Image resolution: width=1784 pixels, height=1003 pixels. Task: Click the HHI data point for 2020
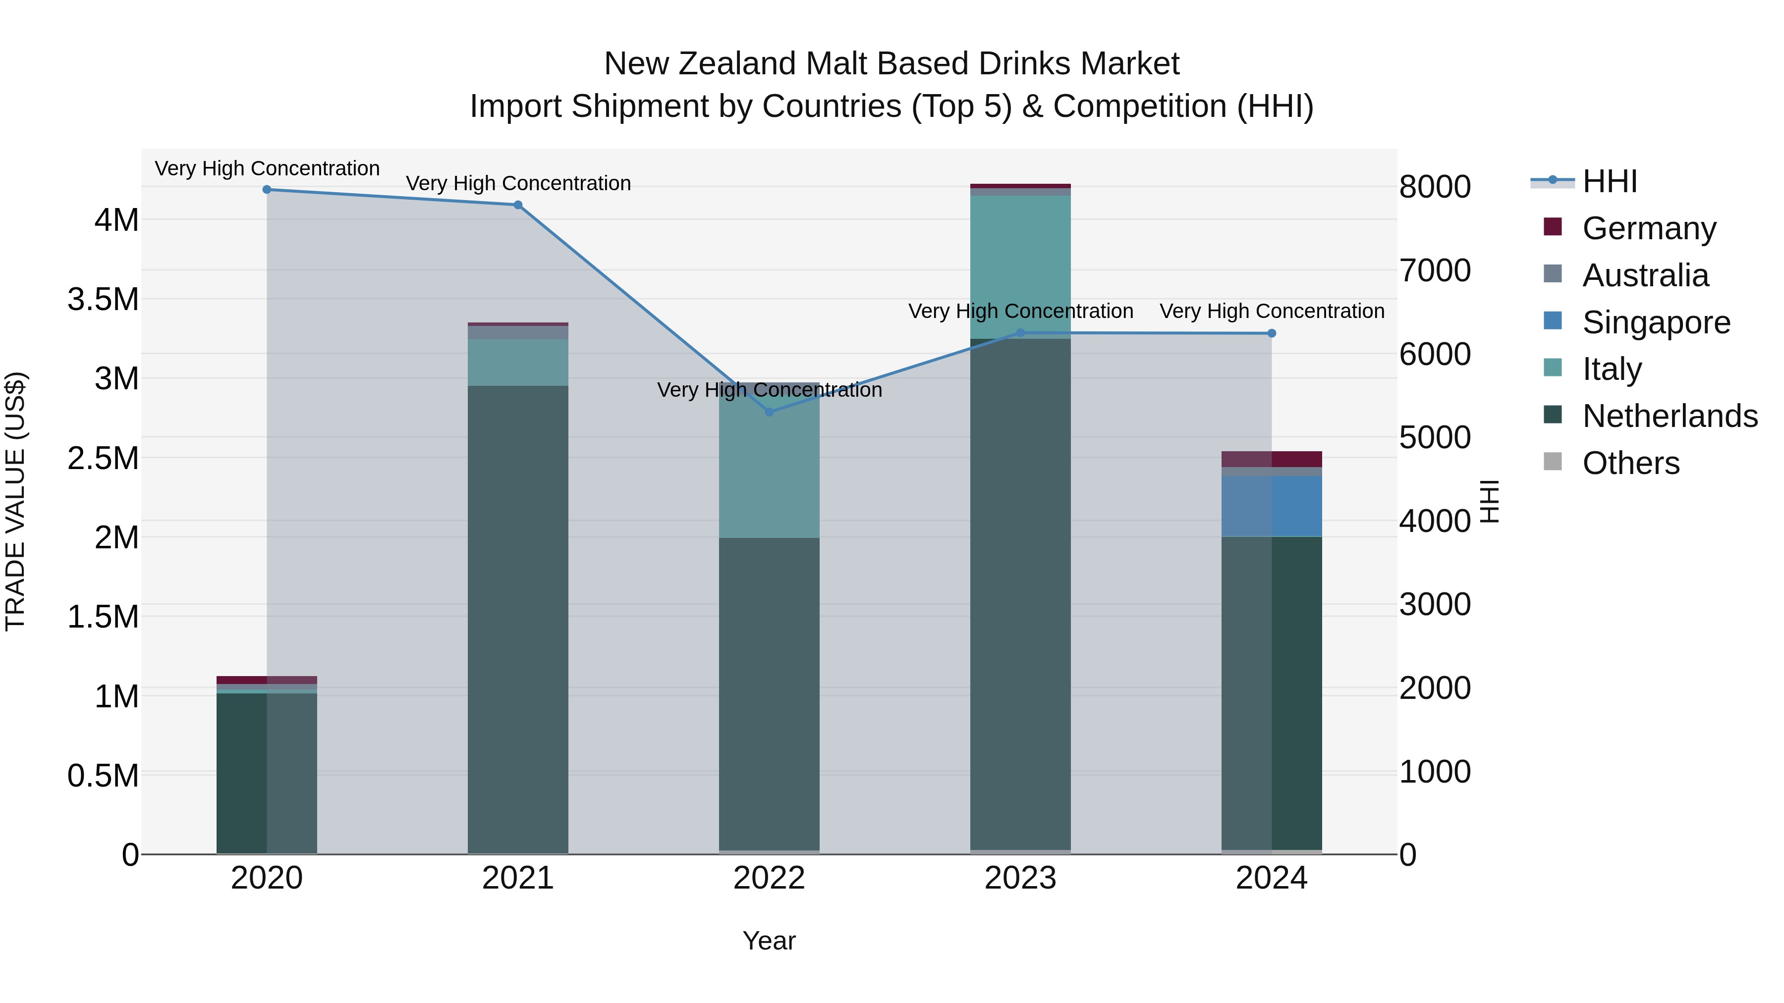coord(267,190)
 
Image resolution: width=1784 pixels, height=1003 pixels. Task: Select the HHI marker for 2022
coord(769,412)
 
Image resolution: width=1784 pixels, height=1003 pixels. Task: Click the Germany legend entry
coord(1648,228)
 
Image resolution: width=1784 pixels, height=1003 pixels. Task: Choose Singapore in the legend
coord(1655,322)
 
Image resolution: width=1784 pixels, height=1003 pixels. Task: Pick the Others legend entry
coord(1630,463)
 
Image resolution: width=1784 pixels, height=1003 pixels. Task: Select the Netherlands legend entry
coord(1669,416)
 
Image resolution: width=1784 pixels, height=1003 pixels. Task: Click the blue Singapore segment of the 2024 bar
coord(1272,506)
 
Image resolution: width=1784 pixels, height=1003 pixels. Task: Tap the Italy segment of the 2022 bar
coord(769,471)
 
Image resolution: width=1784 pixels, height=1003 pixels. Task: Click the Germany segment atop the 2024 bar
coord(1272,459)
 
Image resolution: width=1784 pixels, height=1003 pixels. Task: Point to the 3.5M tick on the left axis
coord(103,300)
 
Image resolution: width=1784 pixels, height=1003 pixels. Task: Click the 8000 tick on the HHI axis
coord(1435,187)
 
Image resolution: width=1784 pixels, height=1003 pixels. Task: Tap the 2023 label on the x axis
coord(1020,878)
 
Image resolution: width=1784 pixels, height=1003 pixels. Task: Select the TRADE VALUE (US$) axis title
coord(15,501)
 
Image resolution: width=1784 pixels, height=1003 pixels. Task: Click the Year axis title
coord(769,941)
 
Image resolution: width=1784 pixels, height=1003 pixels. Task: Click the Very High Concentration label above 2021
coord(518,183)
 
